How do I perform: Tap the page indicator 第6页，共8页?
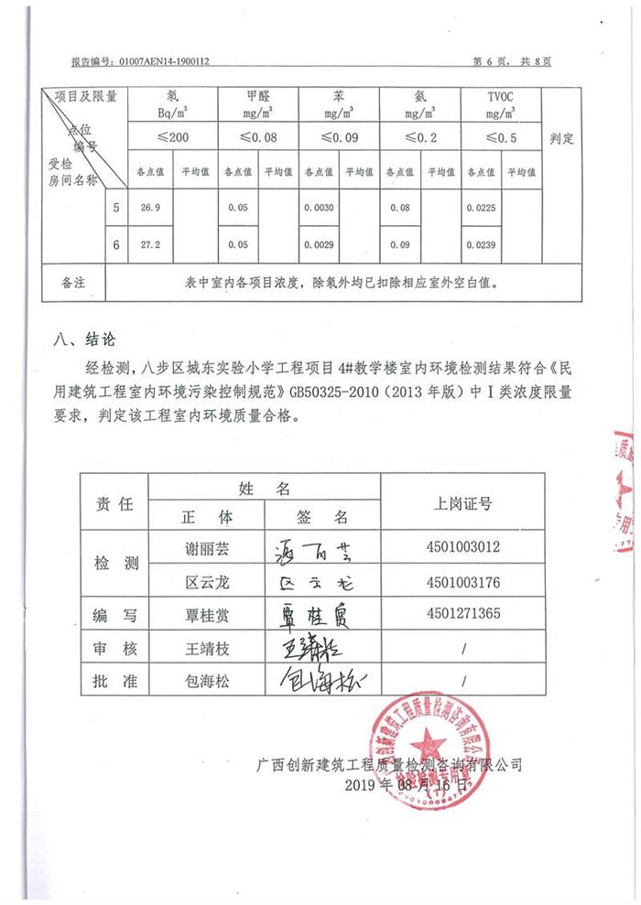(512, 61)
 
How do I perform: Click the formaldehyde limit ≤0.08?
(258, 137)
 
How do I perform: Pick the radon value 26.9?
(150, 209)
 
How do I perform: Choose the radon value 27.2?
(150, 245)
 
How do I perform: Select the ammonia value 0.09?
(398, 245)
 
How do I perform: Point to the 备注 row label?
(72, 283)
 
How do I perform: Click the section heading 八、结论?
(84, 339)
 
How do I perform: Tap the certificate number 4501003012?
(462, 547)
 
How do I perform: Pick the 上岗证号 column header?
(462, 503)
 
